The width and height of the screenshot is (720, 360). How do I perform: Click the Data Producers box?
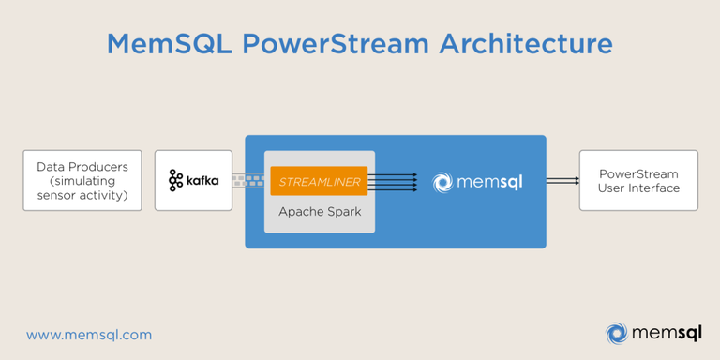(82, 180)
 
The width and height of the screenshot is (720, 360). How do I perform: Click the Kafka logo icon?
(176, 180)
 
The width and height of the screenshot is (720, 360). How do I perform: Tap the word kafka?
(202, 179)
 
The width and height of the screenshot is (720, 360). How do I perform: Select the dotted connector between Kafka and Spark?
(248, 180)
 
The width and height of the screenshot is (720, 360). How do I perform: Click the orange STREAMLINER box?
(319, 181)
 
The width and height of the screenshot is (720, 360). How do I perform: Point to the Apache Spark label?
(319, 213)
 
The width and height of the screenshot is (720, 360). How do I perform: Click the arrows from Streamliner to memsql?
(392, 181)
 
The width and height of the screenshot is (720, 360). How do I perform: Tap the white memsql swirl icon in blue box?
(443, 182)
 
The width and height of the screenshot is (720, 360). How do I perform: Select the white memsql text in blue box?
(490, 181)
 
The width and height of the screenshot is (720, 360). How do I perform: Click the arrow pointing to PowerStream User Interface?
(562, 181)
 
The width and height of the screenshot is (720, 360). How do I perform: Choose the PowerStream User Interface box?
(638, 180)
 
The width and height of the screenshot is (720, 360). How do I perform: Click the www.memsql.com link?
(89, 335)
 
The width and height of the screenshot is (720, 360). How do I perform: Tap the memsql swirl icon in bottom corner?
(616, 333)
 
